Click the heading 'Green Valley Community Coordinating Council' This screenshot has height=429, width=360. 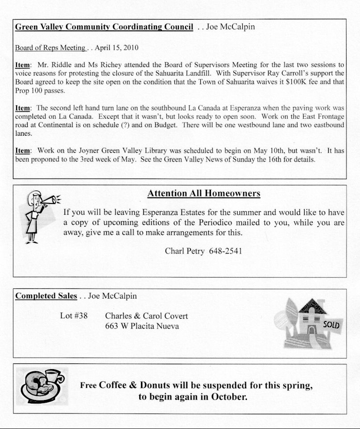pos(104,27)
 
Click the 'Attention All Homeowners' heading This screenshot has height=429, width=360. pos(204,193)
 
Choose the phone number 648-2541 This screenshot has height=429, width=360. pos(225,251)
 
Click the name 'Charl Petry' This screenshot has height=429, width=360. pos(185,251)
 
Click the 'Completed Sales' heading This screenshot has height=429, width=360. pos(46,296)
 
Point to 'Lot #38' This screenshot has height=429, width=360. pos(74,316)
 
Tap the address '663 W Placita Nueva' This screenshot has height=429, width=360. pos(142,326)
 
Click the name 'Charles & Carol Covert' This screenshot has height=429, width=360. pos(146,316)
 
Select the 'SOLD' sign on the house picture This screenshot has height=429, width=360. pos(331,325)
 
